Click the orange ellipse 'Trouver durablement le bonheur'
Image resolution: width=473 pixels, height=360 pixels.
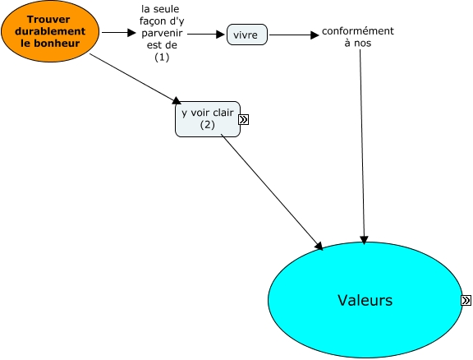tap(50, 31)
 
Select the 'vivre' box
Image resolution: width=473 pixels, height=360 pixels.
tap(246, 35)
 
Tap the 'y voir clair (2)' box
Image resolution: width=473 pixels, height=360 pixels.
tap(208, 119)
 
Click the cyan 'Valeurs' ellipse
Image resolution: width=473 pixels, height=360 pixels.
tap(365, 300)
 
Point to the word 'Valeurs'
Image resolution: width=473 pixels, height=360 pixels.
tap(365, 300)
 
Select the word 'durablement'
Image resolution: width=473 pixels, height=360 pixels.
tap(50, 31)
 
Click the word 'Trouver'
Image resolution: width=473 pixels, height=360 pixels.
tap(48, 20)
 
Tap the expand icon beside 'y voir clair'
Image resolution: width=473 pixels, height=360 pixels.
tap(243, 120)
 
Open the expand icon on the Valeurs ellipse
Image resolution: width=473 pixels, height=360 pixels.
tap(466, 300)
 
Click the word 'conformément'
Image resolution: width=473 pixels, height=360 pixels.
tap(358, 30)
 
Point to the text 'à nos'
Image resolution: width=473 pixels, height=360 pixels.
tap(358, 43)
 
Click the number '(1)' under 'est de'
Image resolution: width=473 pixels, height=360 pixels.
tap(162, 57)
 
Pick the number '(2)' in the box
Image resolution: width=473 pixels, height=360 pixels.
tap(208, 125)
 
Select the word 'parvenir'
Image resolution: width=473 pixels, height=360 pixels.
tap(162, 33)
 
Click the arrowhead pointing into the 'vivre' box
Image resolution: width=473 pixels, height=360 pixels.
tap(221, 35)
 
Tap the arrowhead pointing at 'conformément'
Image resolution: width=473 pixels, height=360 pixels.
tap(315, 35)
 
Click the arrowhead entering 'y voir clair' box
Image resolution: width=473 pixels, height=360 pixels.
tap(177, 100)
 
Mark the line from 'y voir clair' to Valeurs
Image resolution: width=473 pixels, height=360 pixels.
tap(272, 192)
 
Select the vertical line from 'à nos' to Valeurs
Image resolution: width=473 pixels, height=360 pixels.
tap(362, 146)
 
